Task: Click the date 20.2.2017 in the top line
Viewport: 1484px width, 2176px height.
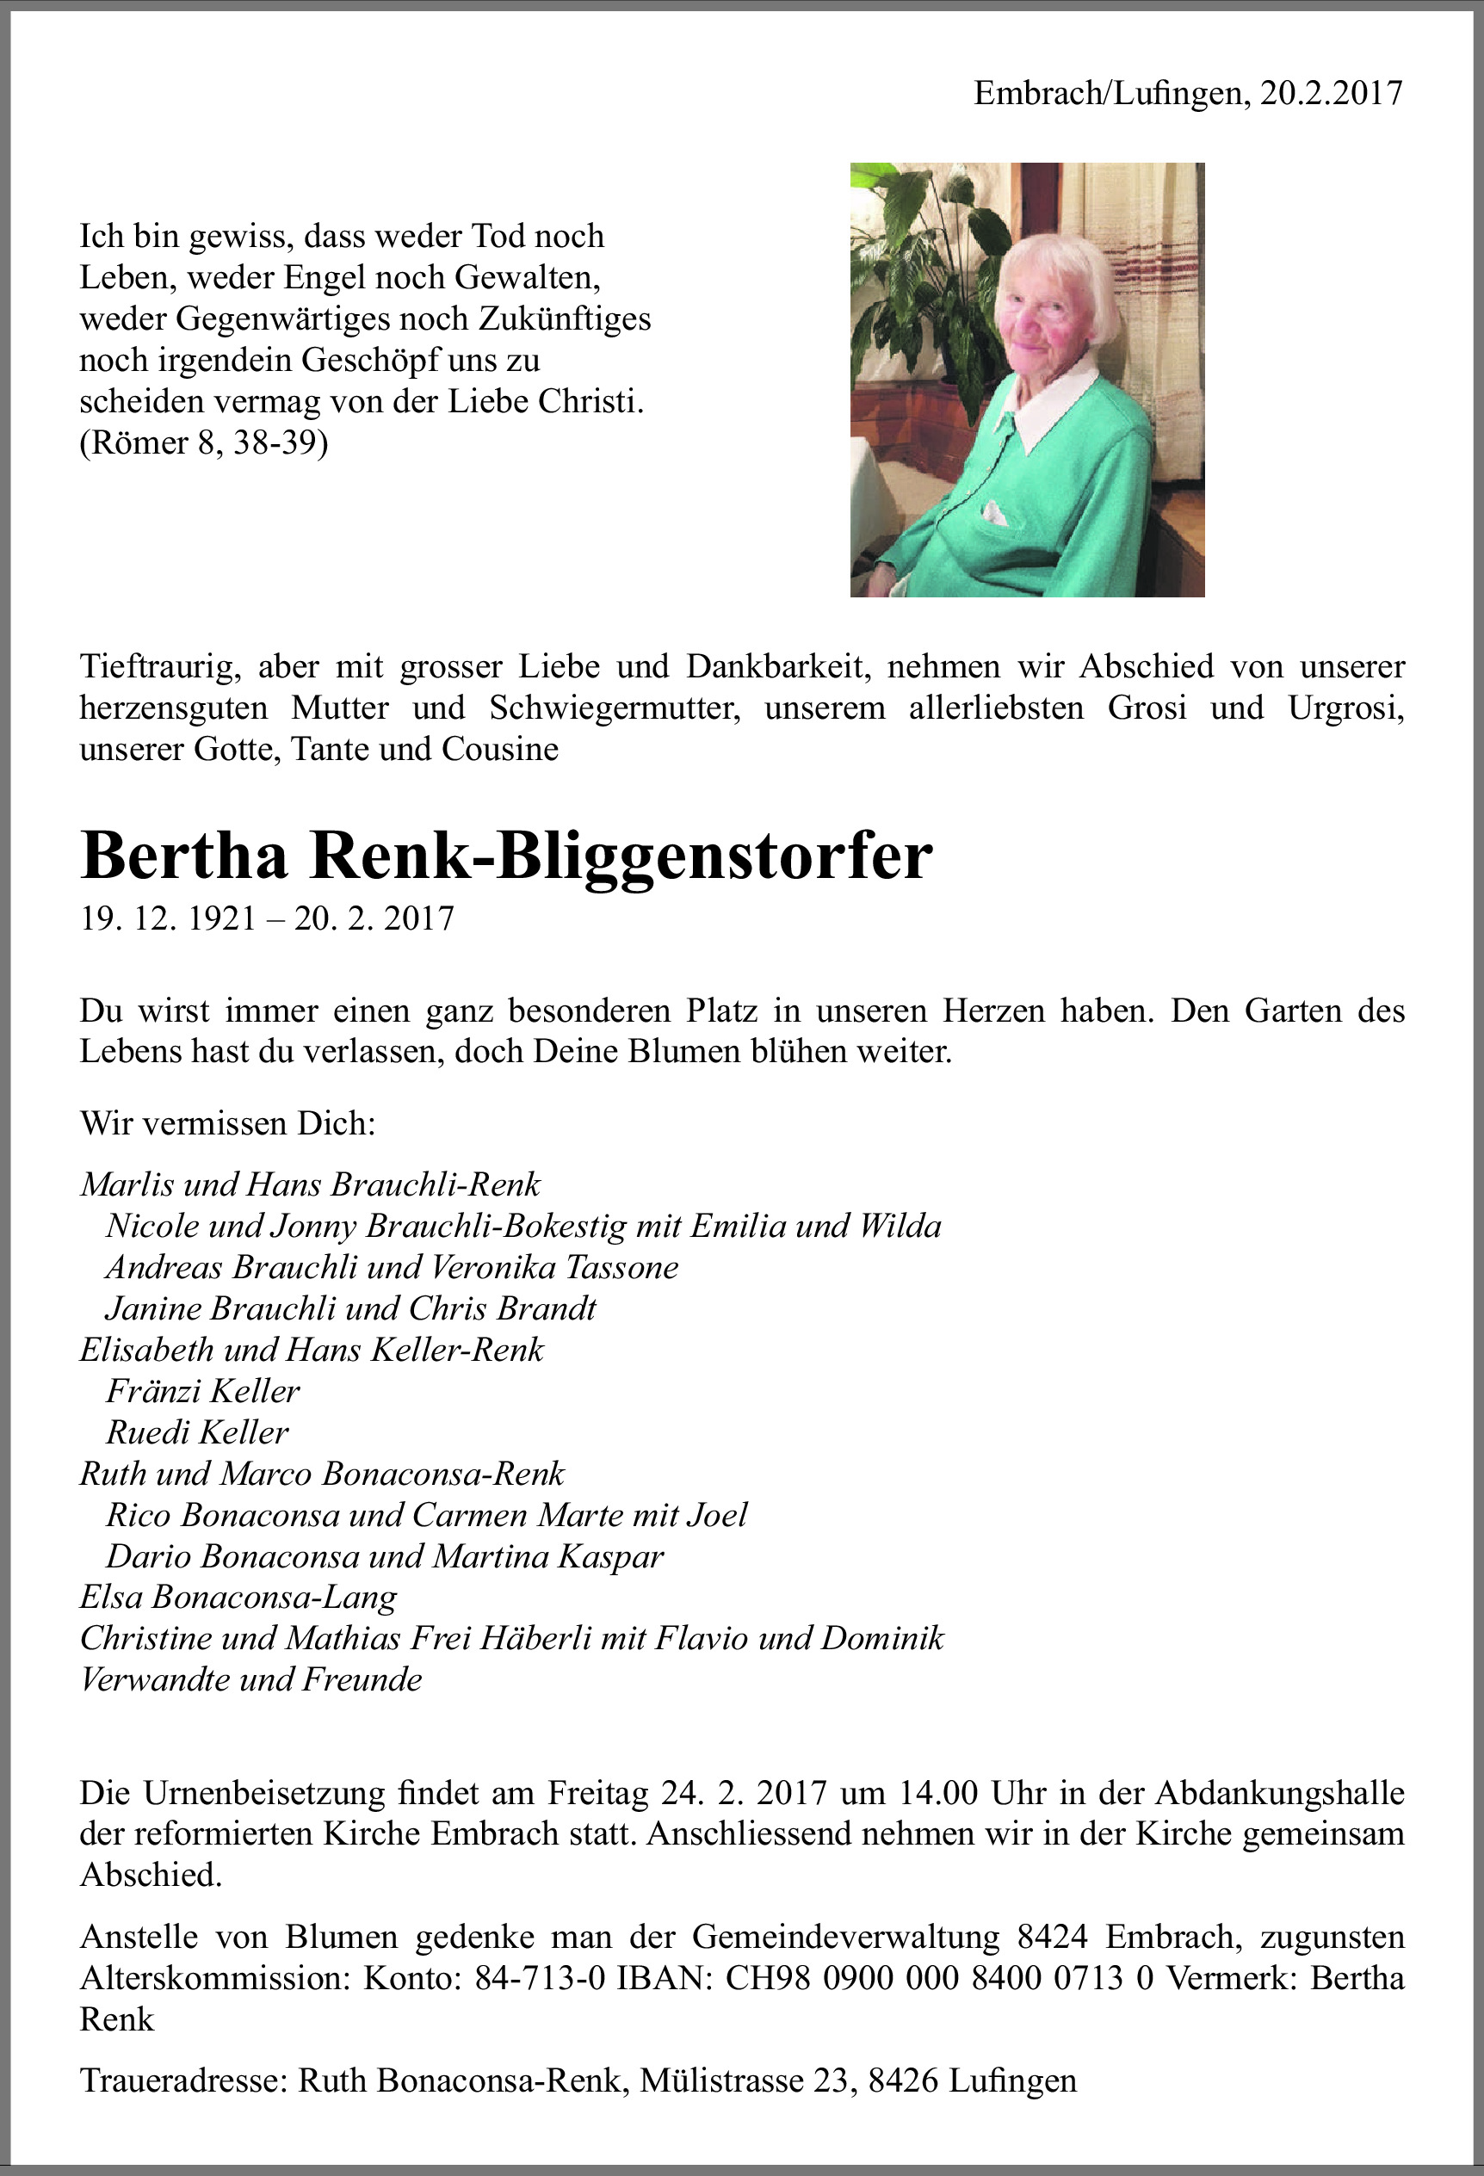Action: pos(1331,94)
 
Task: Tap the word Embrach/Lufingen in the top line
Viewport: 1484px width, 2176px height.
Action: pos(1110,94)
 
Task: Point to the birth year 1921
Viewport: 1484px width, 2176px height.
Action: pos(222,918)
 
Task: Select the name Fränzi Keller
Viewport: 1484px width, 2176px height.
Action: pos(202,1391)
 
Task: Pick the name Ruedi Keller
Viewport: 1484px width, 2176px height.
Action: pos(198,1432)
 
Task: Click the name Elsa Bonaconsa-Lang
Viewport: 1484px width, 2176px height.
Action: pos(238,1598)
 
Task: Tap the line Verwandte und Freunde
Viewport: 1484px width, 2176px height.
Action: pos(251,1679)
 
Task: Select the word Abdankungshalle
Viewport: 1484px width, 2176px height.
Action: pos(1280,1793)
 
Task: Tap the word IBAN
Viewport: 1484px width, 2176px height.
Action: pos(660,1978)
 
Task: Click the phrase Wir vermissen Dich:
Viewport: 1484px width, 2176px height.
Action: pos(227,1123)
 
